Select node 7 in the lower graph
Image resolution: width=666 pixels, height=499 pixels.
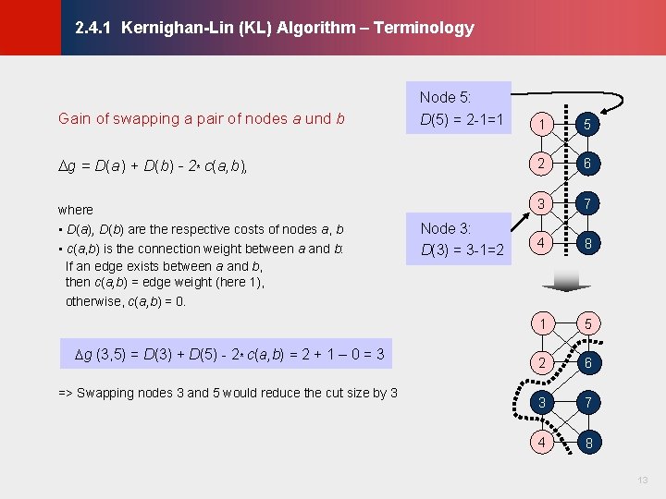[x=587, y=402]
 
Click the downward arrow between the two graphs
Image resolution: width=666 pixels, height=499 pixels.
[x=564, y=280]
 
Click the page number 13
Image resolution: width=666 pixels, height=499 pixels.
[x=643, y=481]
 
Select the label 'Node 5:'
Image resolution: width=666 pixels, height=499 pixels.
[x=446, y=97]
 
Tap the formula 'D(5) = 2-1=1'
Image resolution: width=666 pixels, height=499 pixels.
[x=461, y=119]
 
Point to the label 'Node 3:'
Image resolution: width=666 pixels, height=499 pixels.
[x=446, y=228]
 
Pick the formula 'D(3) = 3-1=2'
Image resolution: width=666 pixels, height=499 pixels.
[x=461, y=250]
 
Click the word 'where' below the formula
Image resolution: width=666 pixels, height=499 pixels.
[x=75, y=210]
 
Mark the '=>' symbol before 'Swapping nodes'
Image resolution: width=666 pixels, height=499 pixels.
[x=66, y=393]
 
